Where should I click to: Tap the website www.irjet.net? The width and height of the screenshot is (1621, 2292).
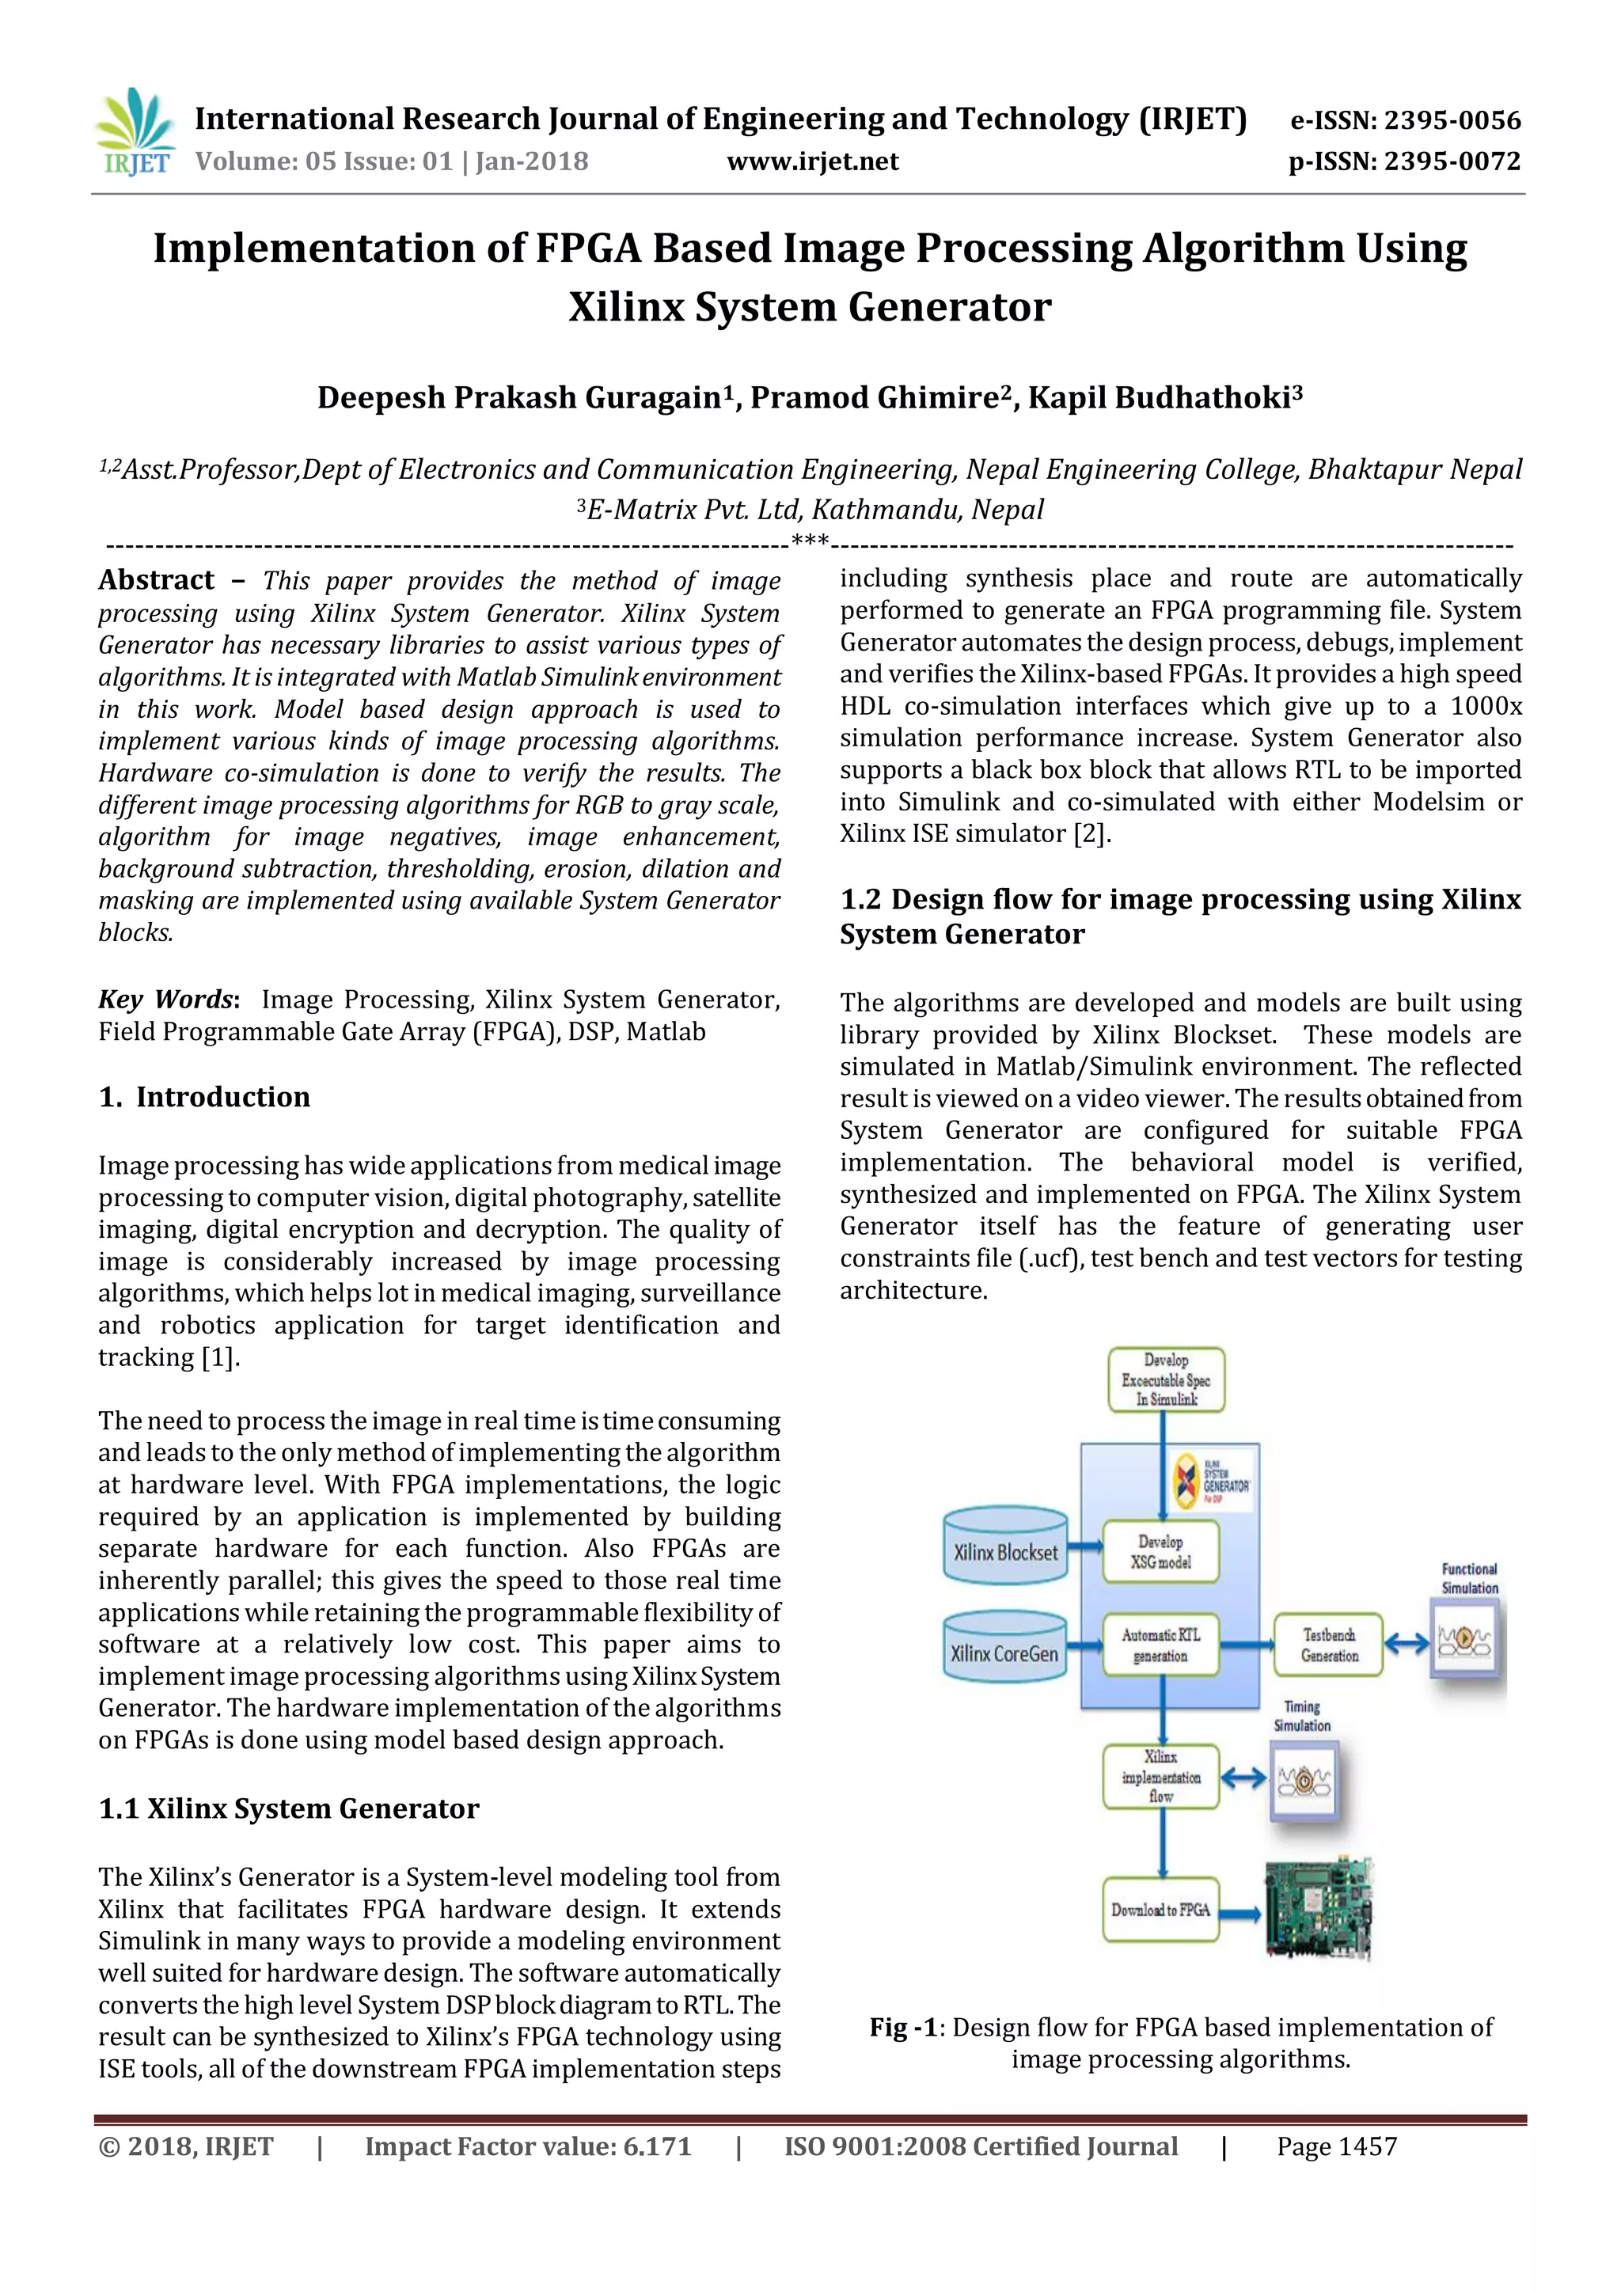coord(813,161)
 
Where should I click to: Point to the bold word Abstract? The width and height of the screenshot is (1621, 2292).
coord(157,580)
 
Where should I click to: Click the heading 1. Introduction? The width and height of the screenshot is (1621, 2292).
coord(205,1097)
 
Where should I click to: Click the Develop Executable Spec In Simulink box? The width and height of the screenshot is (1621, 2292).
coord(1166,1379)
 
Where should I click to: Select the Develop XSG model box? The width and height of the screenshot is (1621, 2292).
coord(1161,1552)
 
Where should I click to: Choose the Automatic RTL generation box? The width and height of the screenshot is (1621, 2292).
coord(1161,1645)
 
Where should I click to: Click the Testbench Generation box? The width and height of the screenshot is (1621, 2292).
coord(1329,1645)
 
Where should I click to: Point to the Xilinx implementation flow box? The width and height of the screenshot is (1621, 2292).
coord(1161,1776)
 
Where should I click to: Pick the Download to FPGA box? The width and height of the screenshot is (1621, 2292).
coord(1161,1910)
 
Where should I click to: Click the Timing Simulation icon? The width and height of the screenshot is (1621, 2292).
coord(1303,1780)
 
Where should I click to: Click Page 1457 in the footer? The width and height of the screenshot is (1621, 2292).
coord(1337,2147)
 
